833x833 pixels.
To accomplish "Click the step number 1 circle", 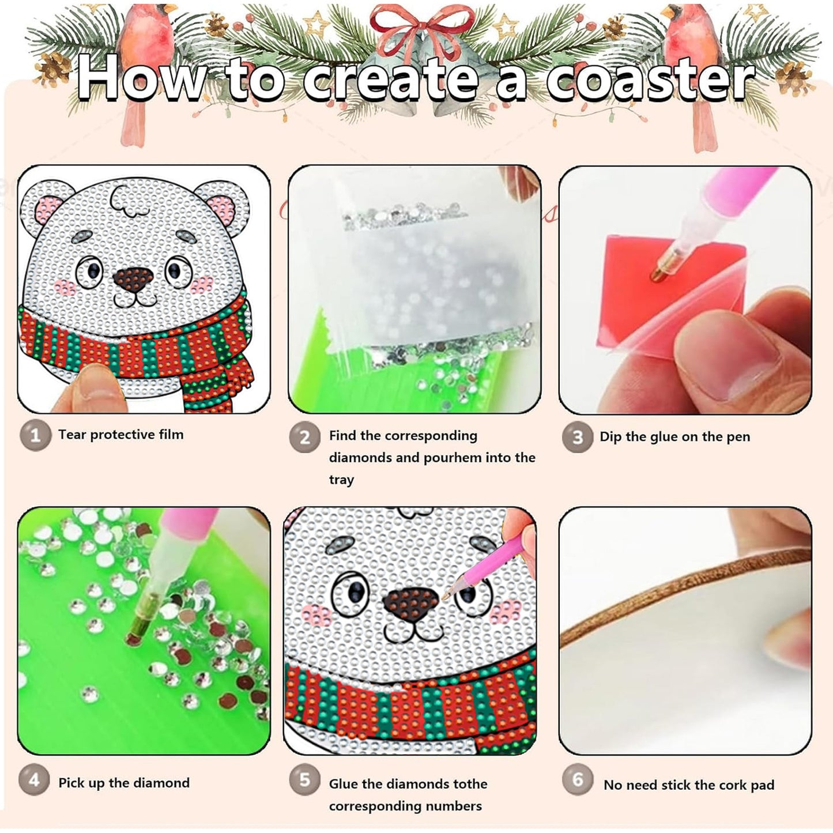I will pyautogui.click(x=35, y=435).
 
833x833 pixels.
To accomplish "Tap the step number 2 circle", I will pyautogui.click(x=304, y=438).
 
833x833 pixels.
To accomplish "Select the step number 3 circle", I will pyautogui.click(x=577, y=438).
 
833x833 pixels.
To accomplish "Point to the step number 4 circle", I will pyautogui.click(x=35, y=781).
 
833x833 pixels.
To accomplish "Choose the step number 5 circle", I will pyautogui.click(x=304, y=781).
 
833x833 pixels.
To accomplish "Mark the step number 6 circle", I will pyautogui.click(x=577, y=781).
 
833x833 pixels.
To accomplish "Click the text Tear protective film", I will pyautogui.click(x=120, y=435).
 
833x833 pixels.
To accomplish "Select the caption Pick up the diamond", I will pyautogui.click(x=123, y=783).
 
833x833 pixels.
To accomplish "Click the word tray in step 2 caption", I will pyautogui.click(x=341, y=480).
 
